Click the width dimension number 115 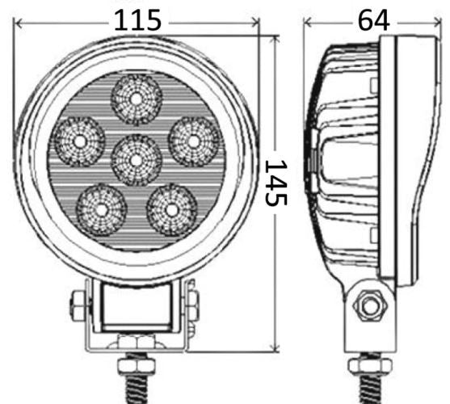[137, 20]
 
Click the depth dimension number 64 [373, 20]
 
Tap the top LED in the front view [137, 98]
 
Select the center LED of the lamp [137, 159]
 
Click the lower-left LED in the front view [101, 208]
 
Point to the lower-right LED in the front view [173, 208]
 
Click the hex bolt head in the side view [372, 305]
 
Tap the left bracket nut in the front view [78, 305]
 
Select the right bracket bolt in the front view [192, 305]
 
